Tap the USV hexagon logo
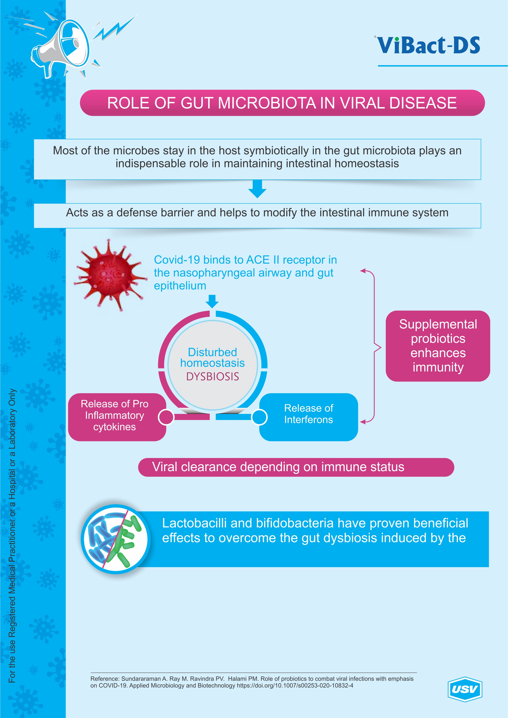[x=465, y=688]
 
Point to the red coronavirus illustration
[x=110, y=274]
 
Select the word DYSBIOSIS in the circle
[x=212, y=377]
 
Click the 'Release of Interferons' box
[x=308, y=417]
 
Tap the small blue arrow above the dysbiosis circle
[x=212, y=301]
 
